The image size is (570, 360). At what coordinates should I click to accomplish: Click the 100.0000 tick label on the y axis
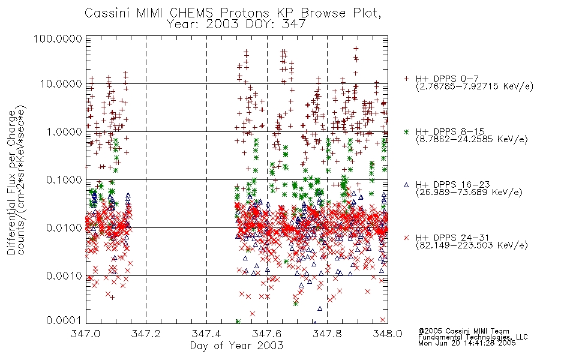point(58,38)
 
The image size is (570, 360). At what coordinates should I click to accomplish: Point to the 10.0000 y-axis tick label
point(61,84)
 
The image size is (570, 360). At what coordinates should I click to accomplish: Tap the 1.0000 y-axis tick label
point(64,131)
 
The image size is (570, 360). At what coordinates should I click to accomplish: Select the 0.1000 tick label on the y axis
point(64,179)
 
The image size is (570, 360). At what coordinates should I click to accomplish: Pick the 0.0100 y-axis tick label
point(64,228)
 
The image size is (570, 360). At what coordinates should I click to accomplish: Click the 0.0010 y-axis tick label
point(64,275)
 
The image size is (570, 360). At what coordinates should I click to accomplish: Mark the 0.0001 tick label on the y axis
point(64,320)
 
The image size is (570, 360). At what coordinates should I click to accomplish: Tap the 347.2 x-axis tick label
point(146,334)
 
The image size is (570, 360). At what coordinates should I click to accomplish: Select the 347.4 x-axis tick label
point(206,334)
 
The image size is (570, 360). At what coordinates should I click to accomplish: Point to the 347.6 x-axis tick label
point(266,334)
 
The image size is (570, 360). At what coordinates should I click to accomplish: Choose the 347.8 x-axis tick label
point(327,334)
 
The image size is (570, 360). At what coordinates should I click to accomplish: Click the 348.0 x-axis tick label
point(388,334)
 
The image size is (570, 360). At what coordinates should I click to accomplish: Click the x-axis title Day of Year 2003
point(236,346)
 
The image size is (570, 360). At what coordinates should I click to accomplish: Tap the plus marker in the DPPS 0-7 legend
point(406,79)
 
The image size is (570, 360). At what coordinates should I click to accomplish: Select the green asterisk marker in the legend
point(406,131)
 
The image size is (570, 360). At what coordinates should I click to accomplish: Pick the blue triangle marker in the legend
point(406,185)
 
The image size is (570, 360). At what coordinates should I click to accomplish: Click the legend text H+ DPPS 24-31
point(452,238)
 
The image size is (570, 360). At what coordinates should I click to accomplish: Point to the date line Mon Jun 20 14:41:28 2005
point(467,343)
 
